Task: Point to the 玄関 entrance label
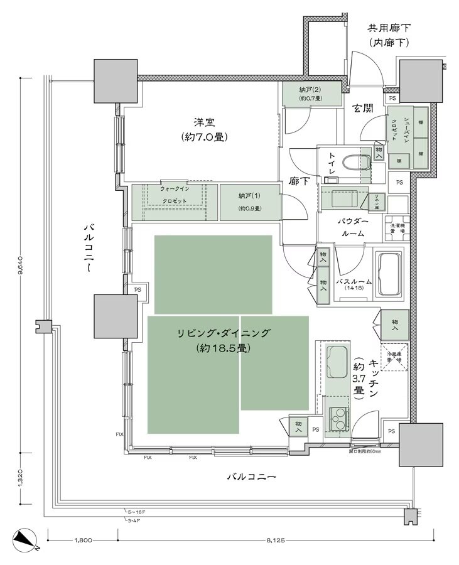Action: (x=362, y=108)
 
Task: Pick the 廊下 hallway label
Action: (x=299, y=180)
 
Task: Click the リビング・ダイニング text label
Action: (x=223, y=334)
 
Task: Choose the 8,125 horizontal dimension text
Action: (x=277, y=539)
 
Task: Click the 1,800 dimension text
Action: (x=83, y=539)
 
